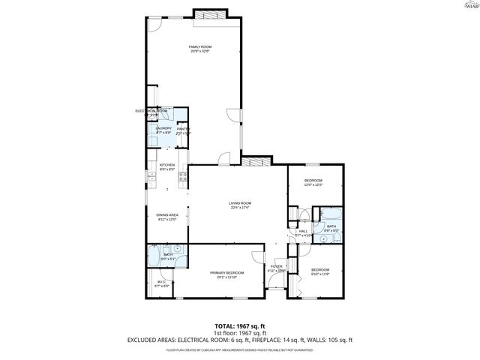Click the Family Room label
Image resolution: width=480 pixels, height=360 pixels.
199,47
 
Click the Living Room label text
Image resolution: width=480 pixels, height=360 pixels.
240,202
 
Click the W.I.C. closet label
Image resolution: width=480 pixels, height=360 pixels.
161,283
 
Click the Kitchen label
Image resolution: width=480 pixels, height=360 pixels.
166,165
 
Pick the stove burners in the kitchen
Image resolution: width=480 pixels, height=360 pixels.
181,177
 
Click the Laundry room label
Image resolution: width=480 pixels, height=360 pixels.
163,128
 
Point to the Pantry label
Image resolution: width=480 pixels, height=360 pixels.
183,129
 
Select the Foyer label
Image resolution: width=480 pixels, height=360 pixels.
276,266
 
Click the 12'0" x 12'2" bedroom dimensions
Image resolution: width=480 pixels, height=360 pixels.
313,185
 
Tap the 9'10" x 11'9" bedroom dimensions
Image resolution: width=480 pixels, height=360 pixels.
320,274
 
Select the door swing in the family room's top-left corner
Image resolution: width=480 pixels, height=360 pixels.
154,24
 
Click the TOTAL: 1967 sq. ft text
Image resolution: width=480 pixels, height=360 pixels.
240,325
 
